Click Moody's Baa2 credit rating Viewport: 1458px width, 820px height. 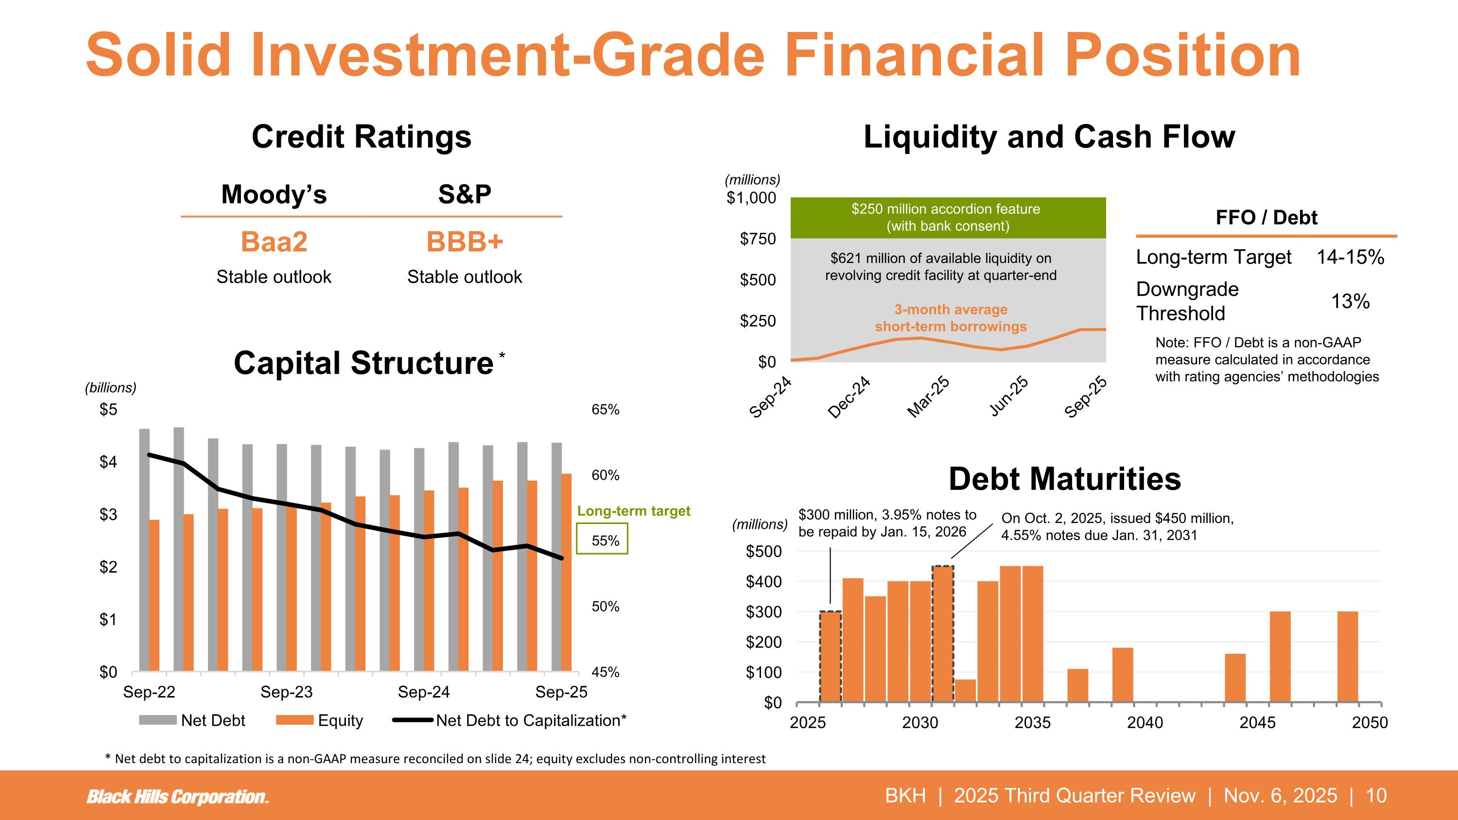(x=274, y=242)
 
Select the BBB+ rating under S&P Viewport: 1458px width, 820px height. (x=464, y=242)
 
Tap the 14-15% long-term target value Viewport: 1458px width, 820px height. (x=1350, y=257)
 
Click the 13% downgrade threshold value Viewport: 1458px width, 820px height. (x=1350, y=301)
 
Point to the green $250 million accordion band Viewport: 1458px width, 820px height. (x=948, y=218)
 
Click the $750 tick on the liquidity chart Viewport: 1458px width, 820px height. (x=758, y=239)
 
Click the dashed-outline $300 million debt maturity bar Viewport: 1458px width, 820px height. (x=830, y=657)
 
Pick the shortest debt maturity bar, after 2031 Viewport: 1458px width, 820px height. (x=966, y=691)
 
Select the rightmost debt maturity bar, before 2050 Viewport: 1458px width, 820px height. (x=1347, y=657)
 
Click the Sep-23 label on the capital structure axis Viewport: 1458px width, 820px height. (x=286, y=692)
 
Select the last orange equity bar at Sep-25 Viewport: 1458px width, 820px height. (x=567, y=572)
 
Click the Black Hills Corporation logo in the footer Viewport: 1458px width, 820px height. (x=177, y=797)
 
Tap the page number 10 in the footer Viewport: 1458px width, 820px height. (x=1376, y=796)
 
